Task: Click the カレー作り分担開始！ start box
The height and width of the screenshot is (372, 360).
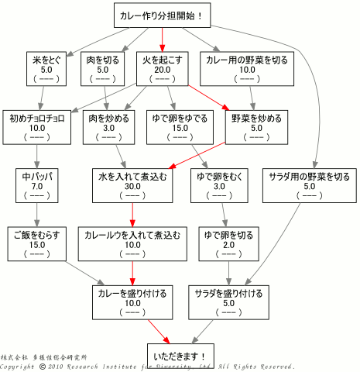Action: coord(163,15)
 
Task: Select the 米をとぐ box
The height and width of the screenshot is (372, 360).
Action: coord(46,69)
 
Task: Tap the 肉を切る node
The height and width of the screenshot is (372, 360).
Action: coord(102,69)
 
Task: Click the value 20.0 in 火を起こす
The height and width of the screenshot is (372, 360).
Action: coord(163,70)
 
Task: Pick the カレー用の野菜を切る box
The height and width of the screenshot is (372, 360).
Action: coord(247,69)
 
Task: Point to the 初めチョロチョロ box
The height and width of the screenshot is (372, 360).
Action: coord(37,127)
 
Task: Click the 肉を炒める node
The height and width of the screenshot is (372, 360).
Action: coord(108,127)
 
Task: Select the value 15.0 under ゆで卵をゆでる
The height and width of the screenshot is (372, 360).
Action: coord(180,128)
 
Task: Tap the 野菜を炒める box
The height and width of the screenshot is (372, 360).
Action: coord(256,127)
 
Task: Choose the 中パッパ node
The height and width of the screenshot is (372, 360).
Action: coord(37,186)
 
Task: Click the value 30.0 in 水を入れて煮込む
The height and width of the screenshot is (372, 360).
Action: coord(132,187)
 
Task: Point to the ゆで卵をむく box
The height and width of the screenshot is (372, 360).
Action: coord(219,186)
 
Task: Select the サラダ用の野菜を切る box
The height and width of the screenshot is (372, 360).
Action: coord(310,186)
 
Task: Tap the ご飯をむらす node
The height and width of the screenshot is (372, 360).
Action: coord(37,244)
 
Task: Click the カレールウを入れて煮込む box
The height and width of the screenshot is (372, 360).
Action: coord(132,244)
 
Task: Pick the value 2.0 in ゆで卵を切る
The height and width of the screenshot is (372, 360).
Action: coord(228,245)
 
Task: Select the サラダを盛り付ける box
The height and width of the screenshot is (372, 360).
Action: coord(228,302)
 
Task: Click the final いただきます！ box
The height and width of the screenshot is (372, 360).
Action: coord(180,356)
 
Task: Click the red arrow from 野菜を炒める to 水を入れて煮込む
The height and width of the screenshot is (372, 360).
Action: coord(198,156)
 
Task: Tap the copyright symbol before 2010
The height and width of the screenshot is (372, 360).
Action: coord(43,367)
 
